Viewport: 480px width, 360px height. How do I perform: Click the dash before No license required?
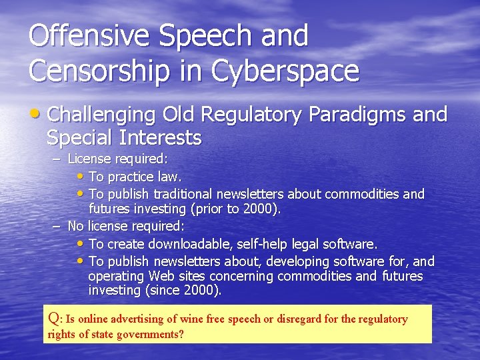(x=57, y=226)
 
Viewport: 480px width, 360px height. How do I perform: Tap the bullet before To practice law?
(x=81, y=177)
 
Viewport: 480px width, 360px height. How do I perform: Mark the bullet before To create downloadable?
(x=81, y=244)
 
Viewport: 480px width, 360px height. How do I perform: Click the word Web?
(x=162, y=276)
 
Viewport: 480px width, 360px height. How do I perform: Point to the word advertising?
(x=139, y=319)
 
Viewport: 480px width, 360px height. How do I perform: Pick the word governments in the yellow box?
(x=149, y=334)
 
